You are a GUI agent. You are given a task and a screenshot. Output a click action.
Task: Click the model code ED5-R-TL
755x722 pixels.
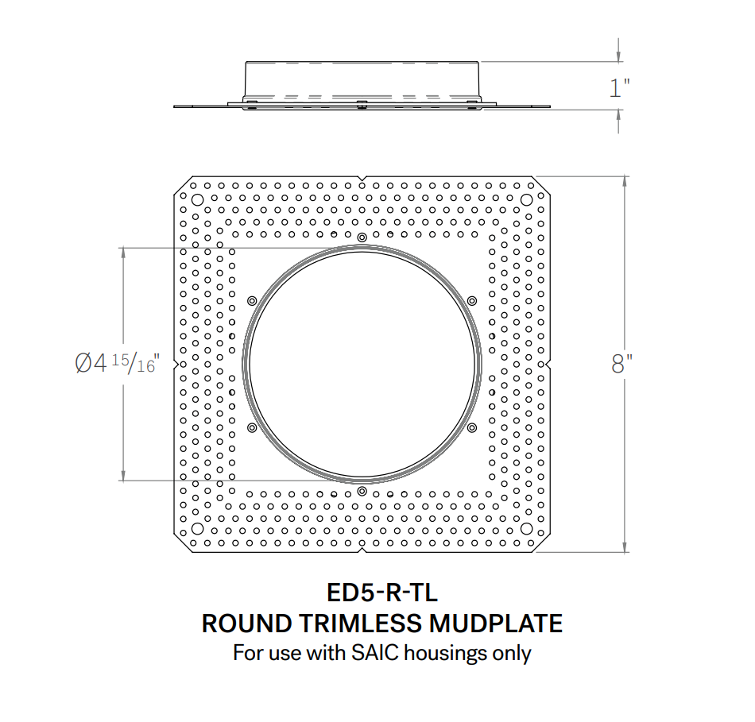pyautogui.click(x=382, y=593)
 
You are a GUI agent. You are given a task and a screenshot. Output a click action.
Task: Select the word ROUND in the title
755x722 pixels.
pyautogui.click(x=240, y=624)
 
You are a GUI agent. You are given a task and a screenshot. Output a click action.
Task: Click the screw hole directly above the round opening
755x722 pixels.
pyautogui.click(x=362, y=237)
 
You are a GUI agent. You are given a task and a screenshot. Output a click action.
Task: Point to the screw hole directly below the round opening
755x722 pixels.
pyautogui.click(x=362, y=491)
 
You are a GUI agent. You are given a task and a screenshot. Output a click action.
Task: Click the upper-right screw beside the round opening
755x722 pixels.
pyautogui.click(x=471, y=300)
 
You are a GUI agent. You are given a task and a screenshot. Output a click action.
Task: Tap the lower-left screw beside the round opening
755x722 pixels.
pyautogui.click(x=252, y=427)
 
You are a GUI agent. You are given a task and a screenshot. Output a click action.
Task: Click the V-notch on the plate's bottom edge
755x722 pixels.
pyautogui.click(x=362, y=549)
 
